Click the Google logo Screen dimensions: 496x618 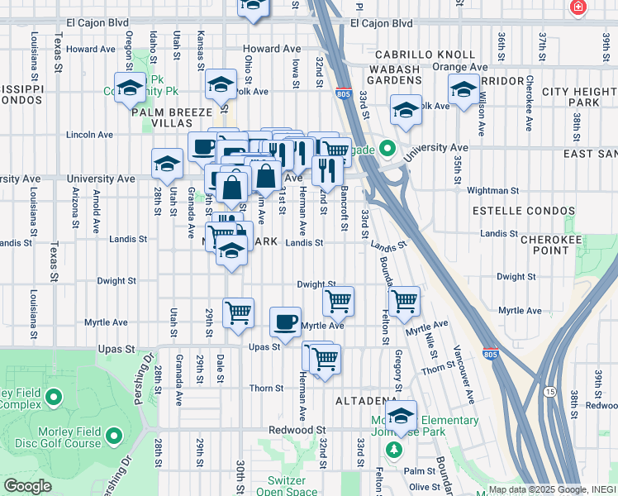click(26, 487)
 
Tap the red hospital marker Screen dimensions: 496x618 click(578, 7)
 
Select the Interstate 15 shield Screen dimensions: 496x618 click(551, 389)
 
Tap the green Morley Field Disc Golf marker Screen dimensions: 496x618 click(113, 434)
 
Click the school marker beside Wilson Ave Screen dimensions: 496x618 click(463, 88)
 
